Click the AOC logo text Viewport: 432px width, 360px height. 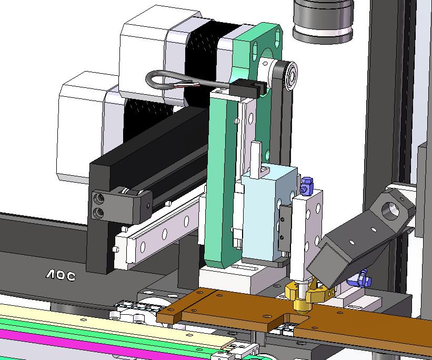61,275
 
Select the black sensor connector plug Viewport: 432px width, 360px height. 247,87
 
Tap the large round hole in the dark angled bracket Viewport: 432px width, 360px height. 390,211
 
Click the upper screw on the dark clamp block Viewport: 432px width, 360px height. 99,198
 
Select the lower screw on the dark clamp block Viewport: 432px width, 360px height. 98,213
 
